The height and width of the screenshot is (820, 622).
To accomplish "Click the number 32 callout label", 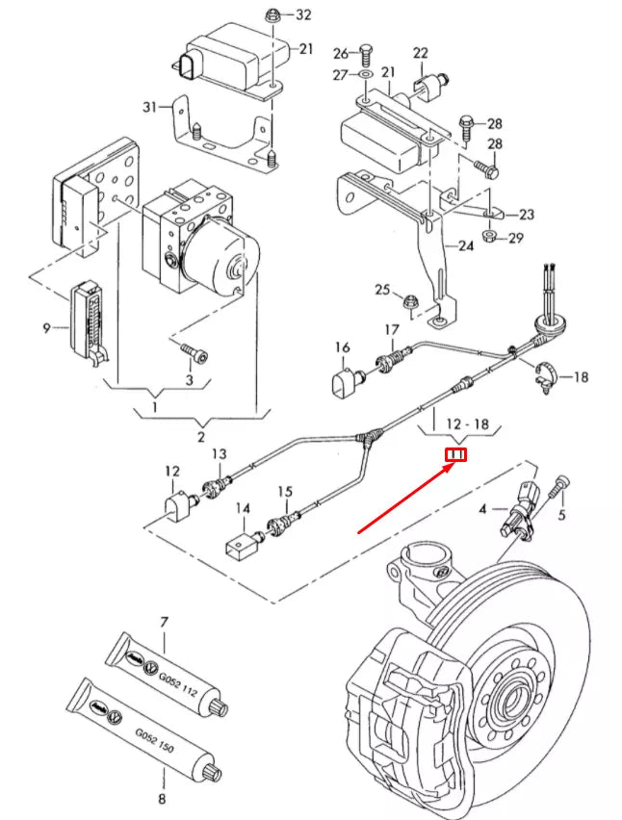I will (x=303, y=15).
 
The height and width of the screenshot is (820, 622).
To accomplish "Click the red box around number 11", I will (x=455, y=454).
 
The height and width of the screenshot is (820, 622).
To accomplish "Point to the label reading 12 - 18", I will (x=468, y=423).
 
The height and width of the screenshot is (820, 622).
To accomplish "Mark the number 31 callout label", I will (x=149, y=106).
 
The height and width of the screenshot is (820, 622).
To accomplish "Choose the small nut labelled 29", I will (x=488, y=238).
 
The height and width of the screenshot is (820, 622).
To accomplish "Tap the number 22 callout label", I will (x=421, y=52).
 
